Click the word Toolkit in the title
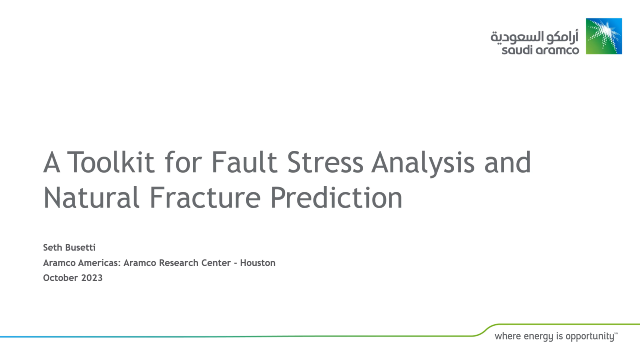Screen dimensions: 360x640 point(109,161)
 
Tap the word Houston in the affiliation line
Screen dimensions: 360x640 point(254,263)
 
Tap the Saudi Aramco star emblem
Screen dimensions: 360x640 point(604,36)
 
